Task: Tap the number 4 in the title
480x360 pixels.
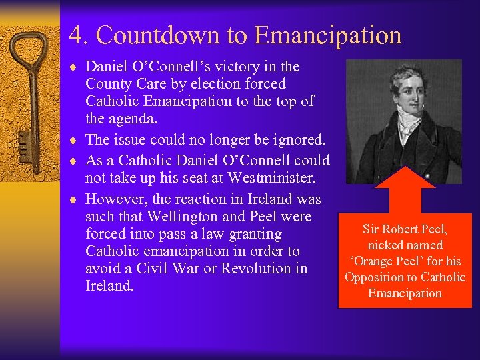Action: tap(75, 35)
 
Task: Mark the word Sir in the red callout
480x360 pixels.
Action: tap(371, 229)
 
